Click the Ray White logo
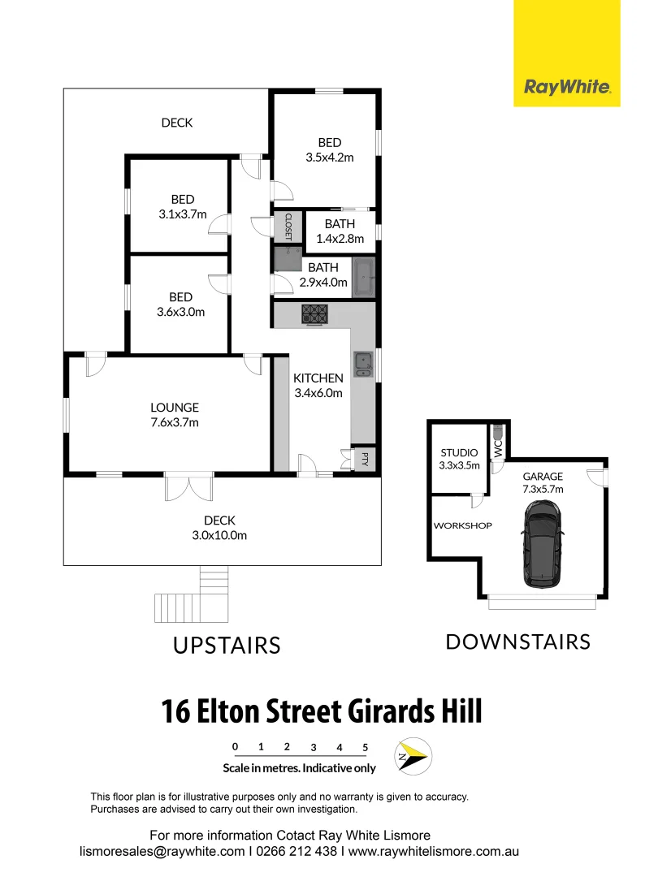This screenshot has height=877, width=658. (x=567, y=87)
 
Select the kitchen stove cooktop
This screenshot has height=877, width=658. (x=314, y=313)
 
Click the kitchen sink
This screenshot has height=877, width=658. (x=362, y=365)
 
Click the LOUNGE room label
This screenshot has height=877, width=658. (x=174, y=408)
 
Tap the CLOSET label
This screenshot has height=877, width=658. (x=288, y=227)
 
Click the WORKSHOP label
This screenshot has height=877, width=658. (x=462, y=525)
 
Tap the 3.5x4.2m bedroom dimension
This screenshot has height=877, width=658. (x=330, y=158)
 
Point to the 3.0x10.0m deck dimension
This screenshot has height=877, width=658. (x=219, y=535)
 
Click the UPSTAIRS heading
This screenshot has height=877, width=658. (x=227, y=646)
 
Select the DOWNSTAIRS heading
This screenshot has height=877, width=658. (x=517, y=642)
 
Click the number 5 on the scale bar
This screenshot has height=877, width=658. (x=366, y=747)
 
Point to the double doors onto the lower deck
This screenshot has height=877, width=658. (x=188, y=488)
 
